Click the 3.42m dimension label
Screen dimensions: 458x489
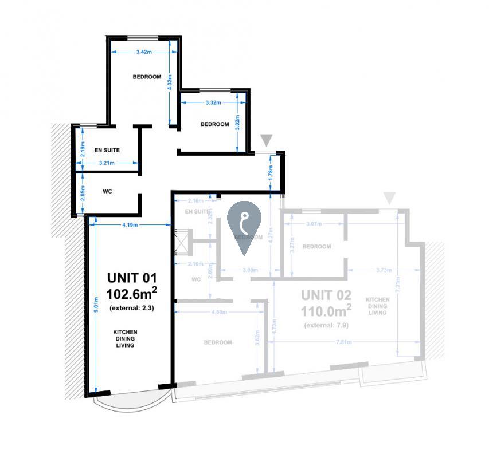[x=144, y=52]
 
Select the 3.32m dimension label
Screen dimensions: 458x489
[x=213, y=102]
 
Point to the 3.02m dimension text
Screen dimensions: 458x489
[x=237, y=124]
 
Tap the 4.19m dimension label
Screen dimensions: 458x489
[x=130, y=225]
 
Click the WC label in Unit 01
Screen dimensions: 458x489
[x=107, y=192]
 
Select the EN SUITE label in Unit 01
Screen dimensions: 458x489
[x=107, y=150]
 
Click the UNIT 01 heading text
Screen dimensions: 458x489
[x=132, y=278]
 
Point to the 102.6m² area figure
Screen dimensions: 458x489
[x=132, y=294]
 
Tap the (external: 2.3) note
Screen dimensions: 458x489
[x=132, y=309]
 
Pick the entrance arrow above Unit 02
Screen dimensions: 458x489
[x=390, y=198]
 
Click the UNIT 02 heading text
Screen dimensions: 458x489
[x=326, y=295]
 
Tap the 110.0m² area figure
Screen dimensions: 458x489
[x=326, y=311]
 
